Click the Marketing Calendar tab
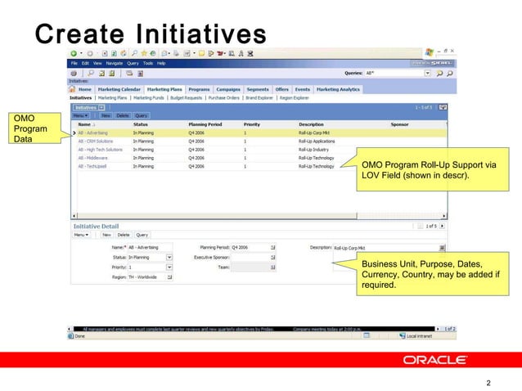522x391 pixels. [119, 89]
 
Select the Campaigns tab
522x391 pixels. [228, 89]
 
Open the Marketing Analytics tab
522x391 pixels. [338, 89]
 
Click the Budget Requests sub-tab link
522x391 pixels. [187, 97]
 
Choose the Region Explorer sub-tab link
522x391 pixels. [296, 97]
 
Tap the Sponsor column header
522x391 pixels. [399, 124]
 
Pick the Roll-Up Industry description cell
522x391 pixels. [313, 150]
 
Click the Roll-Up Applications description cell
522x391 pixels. [317, 141]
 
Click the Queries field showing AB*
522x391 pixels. [393, 73]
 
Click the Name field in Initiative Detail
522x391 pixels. [149, 246]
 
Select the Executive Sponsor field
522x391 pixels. [254, 257]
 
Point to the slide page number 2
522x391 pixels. [488, 382]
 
